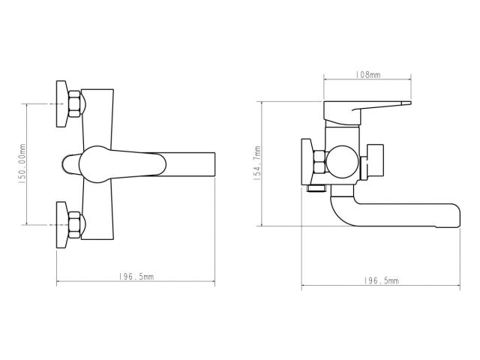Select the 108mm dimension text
point(367,75)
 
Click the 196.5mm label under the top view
point(136,277)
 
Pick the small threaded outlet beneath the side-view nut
point(316,190)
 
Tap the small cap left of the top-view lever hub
point(65,163)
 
